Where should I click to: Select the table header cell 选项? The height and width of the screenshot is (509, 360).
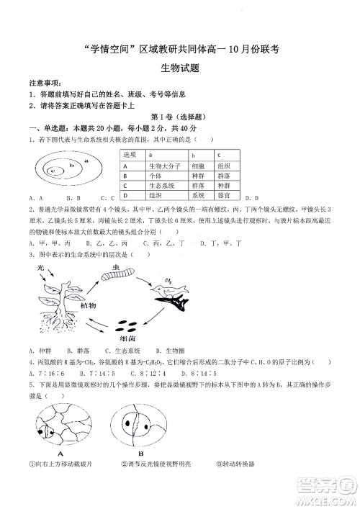tap(130, 155)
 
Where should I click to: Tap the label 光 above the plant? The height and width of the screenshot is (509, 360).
tap(40, 267)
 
